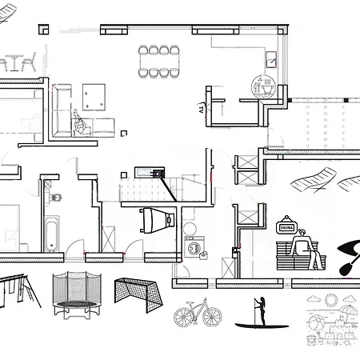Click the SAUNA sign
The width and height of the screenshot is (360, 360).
tap(286, 227)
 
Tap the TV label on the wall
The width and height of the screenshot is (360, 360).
tap(201, 108)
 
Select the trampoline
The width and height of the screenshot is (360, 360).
tap(77, 295)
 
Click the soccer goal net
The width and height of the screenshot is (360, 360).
tap(138, 294)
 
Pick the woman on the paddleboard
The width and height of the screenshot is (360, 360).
tap(262, 311)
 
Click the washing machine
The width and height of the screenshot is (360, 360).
tap(194, 247)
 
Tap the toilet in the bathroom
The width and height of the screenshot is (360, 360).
tap(54, 198)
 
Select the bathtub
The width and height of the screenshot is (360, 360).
tap(52, 234)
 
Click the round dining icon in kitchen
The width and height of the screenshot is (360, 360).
tap(263, 86)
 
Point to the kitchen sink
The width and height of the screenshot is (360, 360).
tap(271, 60)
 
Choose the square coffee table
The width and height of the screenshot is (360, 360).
tap(94, 97)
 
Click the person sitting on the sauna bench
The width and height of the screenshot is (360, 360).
tap(306, 249)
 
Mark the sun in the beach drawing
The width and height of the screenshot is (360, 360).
tap(331, 300)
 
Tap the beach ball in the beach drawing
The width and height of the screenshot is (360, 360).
tap(315, 323)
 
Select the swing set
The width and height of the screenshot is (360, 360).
tap(18, 290)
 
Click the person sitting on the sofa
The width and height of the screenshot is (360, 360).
tap(82, 123)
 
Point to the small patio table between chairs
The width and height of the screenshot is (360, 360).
tap(14, 62)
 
